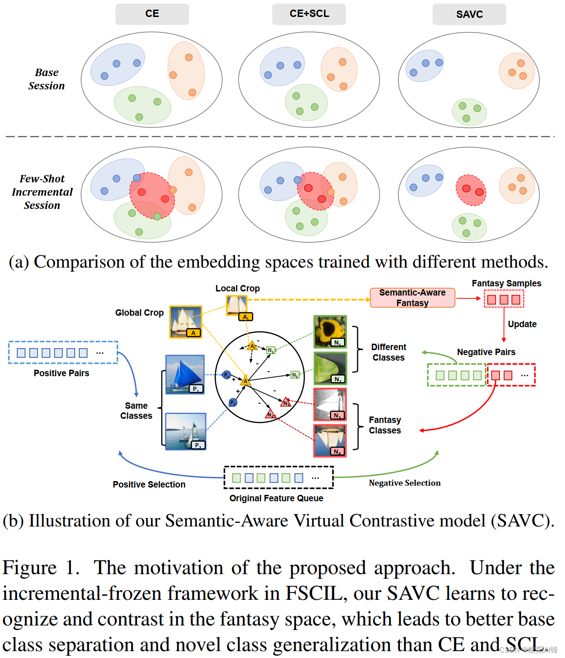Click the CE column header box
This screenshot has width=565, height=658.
(152, 14)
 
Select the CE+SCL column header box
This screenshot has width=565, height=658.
(309, 14)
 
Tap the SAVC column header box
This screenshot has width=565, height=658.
(469, 14)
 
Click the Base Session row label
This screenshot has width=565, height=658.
(46, 79)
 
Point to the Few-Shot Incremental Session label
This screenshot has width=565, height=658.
(42, 192)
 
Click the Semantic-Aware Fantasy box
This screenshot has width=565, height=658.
(412, 297)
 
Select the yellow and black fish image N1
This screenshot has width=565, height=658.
(330, 331)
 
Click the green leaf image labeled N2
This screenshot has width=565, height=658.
(330, 368)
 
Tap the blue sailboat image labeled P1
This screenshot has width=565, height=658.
(185, 374)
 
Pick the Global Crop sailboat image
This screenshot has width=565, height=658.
(186, 322)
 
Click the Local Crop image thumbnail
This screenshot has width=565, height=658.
(237, 306)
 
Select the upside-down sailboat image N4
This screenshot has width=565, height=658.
(330, 440)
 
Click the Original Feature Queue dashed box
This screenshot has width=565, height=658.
(279, 478)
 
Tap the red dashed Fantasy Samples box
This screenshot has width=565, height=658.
(504, 300)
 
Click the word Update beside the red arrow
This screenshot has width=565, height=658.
(522, 324)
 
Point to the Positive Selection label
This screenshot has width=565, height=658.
(149, 484)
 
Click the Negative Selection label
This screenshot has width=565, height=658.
(405, 483)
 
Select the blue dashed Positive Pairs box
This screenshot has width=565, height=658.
(63, 352)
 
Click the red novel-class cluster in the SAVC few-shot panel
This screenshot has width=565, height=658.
(471, 190)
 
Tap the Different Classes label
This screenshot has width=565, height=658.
(389, 352)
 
